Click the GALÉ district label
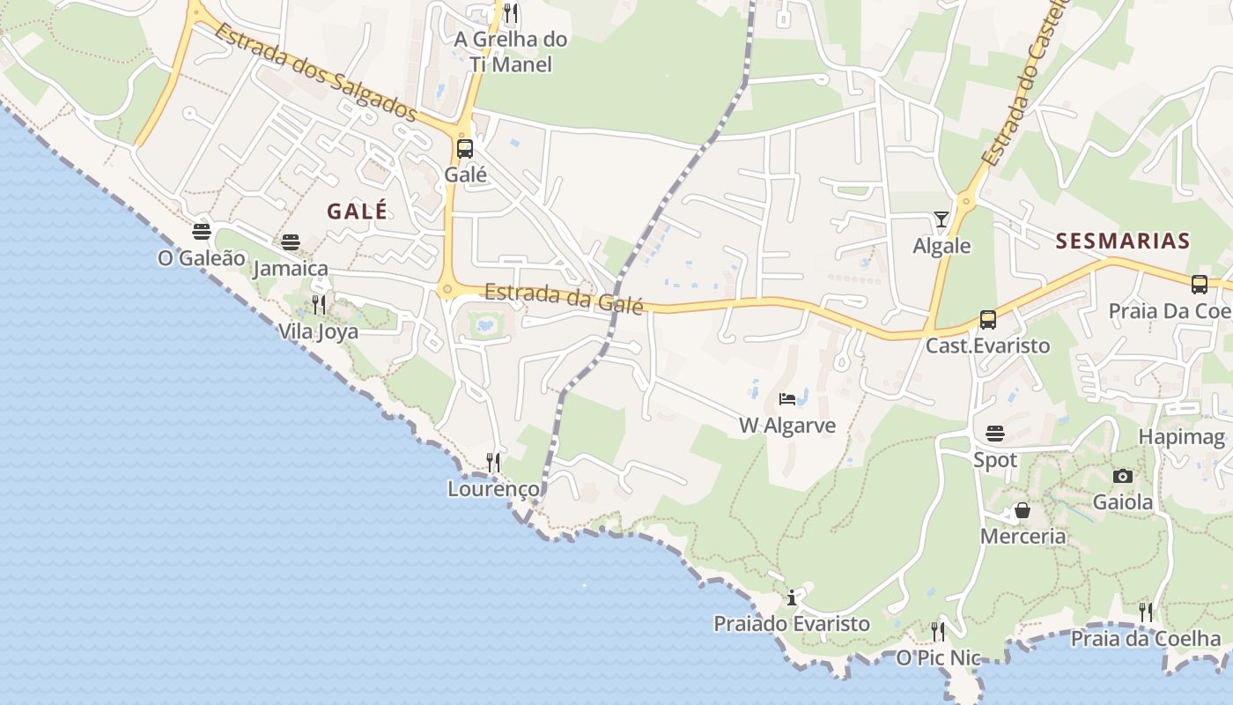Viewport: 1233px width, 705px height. coord(357,211)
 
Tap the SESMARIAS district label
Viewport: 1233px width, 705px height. coord(1123,241)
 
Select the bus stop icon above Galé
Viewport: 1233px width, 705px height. coord(465,149)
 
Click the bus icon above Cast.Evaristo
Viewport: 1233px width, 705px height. coord(988,320)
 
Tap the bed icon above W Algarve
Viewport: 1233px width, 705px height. coord(787,399)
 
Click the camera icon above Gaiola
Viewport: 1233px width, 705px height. coord(1123,476)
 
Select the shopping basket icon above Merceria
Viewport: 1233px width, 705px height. coord(1023,510)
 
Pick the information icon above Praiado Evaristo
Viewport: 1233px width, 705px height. coord(791,597)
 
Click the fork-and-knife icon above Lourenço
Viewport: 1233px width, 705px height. coord(493,463)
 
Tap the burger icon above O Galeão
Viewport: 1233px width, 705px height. coord(202,232)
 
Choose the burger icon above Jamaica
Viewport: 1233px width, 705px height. coord(291,242)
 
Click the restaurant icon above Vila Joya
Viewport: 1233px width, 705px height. coord(319,306)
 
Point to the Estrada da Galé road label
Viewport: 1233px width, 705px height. coord(564,297)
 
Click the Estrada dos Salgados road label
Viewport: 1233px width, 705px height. coord(314,72)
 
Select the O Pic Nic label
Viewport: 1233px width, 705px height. coord(938,657)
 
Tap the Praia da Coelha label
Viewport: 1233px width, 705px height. coord(1146,639)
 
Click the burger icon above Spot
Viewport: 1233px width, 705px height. coord(995,434)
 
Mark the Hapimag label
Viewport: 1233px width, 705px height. coord(1182,437)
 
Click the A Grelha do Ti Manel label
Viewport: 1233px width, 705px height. coord(511,51)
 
